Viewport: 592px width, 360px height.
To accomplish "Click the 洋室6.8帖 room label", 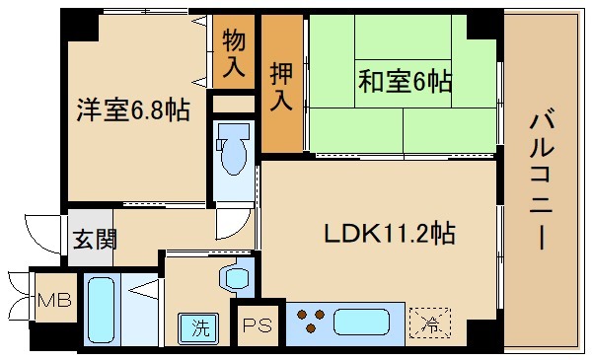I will tap(133, 108).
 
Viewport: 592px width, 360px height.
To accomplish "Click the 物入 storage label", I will tap(233, 53).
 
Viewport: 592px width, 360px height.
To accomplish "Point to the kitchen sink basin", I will tap(363, 322).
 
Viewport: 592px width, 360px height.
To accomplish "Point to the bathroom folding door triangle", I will tap(144, 290).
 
